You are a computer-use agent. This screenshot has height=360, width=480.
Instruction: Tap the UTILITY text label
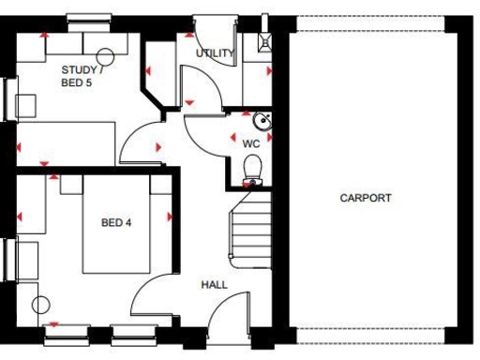tap(215, 53)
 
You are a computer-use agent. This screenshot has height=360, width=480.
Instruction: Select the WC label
tap(250, 143)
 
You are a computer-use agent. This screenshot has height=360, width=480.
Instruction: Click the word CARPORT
tap(366, 198)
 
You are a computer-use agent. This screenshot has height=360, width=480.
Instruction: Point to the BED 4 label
tap(116, 223)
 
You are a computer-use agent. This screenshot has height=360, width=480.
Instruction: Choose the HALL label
tap(214, 284)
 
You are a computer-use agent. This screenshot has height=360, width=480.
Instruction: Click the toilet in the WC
tap(251, 168)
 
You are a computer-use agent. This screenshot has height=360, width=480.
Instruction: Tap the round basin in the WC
tap(262, 120)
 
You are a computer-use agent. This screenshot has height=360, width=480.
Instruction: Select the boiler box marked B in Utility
tap(266, 41)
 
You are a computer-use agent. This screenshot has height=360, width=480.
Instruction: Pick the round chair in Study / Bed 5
tap(106, 55)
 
